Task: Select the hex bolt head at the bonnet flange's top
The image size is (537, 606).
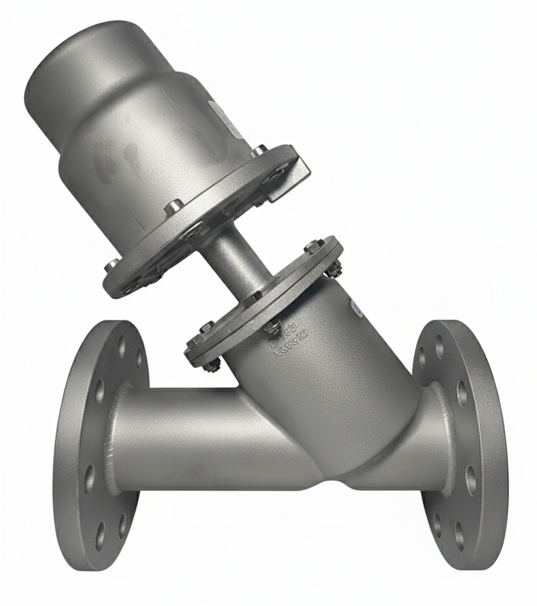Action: coord(311,246)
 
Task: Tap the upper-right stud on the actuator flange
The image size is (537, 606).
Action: coord(259,152)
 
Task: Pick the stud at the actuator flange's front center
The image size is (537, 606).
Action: coord(173,208)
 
